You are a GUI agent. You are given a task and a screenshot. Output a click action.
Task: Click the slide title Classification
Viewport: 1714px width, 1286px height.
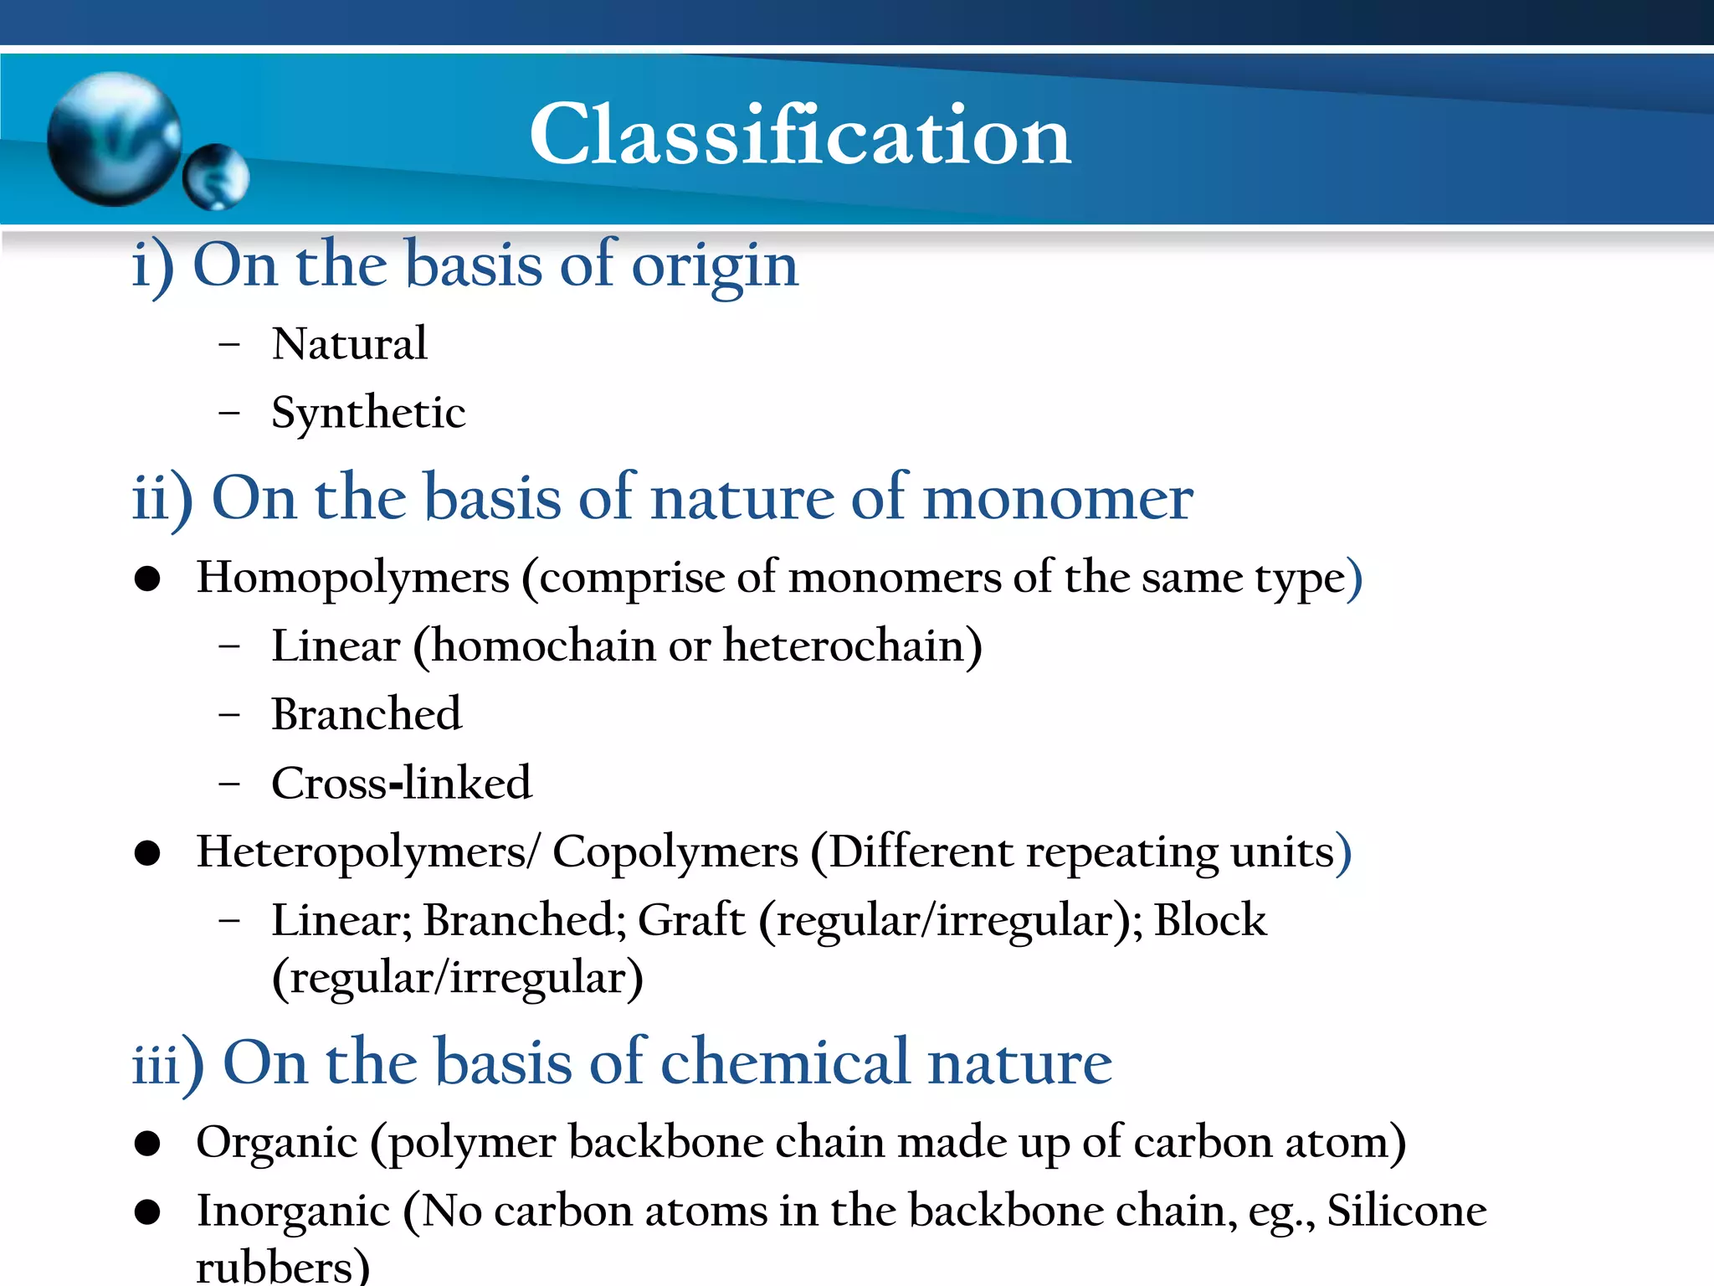point(800,134)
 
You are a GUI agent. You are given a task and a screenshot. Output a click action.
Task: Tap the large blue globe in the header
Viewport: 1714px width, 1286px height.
point(114,139)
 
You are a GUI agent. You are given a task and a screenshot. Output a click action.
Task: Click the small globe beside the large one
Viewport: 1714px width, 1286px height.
point(217,176)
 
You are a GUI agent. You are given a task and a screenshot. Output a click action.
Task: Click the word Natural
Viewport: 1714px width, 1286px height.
point(350,344)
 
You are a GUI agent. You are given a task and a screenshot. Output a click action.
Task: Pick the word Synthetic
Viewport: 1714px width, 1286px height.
point(368,413)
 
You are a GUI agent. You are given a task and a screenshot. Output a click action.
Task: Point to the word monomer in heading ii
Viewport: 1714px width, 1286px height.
point(1058,498)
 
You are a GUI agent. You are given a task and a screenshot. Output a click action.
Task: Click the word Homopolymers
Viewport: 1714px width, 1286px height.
point(353,578)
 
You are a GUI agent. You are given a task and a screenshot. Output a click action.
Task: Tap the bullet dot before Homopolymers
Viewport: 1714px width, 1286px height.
point(147,579)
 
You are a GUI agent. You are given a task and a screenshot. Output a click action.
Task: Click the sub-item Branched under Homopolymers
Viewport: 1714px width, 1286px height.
point(367,715)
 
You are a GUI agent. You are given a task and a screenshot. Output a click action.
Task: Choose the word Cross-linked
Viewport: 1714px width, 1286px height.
point(402,784)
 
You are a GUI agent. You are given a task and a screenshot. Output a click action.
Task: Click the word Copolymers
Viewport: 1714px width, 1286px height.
point(675,852)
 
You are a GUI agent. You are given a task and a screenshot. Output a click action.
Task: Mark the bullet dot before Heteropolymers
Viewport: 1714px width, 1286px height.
point(147,853)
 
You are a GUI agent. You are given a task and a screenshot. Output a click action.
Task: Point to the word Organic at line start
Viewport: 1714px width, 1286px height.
point(277,1142)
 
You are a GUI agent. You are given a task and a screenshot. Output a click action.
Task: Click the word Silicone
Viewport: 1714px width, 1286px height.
point(1407,1211)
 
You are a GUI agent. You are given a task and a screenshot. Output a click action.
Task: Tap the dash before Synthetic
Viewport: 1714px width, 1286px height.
point(228,413)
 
